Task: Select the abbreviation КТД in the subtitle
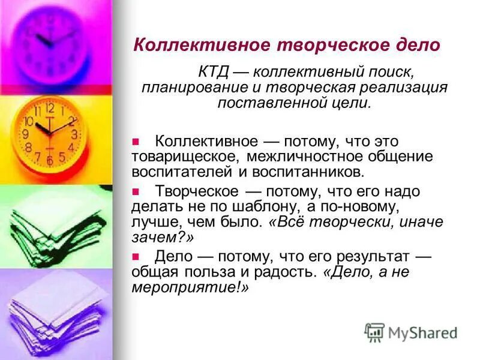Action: pos(212,73)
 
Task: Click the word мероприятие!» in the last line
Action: pos(190,287)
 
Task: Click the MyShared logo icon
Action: pos(374,332)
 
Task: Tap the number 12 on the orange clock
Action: pos(50,108)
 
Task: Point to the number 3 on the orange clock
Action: pos(74,134)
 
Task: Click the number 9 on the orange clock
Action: pos(25,134)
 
